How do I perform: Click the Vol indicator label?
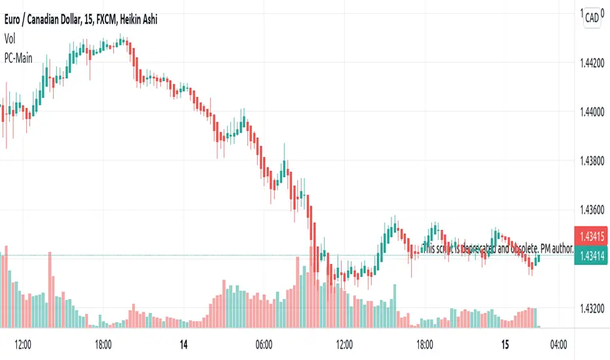(10, 39)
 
